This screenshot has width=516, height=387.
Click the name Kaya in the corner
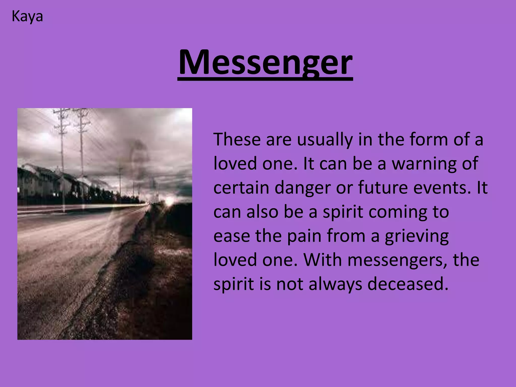[x=27, y=17]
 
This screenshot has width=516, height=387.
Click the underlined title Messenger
[x=265, y=62]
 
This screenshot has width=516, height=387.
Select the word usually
[x=325, y=140]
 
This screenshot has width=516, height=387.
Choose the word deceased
[x=408, y=284]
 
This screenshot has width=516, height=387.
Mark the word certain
[x=241, y=188]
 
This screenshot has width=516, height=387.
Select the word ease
[x=232, y=236]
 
